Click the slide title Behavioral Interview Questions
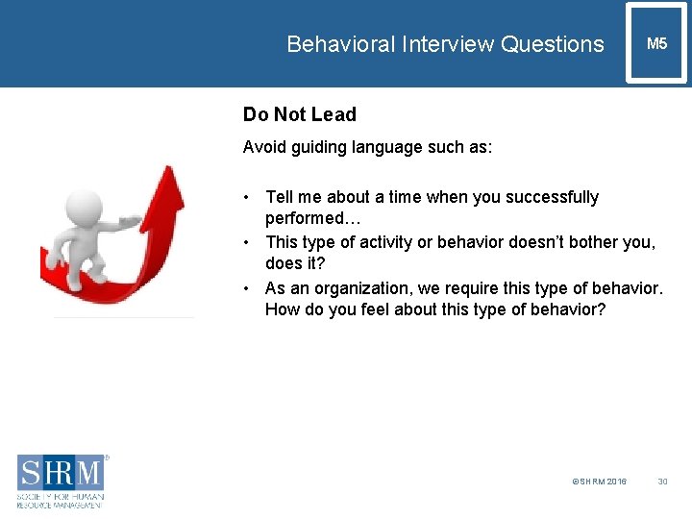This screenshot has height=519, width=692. pyautogui.click(x=445, y=44)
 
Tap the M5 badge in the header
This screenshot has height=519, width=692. pyautogui.click(x=657, y=43)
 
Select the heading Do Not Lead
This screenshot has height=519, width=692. pyautogui.click(x=299, y=114)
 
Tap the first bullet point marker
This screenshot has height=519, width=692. pyautogui.click(x=248, y=197)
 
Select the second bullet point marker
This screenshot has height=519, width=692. pyautogui.click(x=248, y=242)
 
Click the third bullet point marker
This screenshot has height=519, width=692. pyautogui.click(x=248, y=288)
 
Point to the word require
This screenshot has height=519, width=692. pyautogui.click(x=471, y=288)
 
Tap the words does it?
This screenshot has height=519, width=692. pyautogui.click(x=295, y=264)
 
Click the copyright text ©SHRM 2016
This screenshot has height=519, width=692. pyautogui.click(x=599, y=481)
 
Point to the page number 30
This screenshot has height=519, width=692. pyautogui.click(x=662, y=481)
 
